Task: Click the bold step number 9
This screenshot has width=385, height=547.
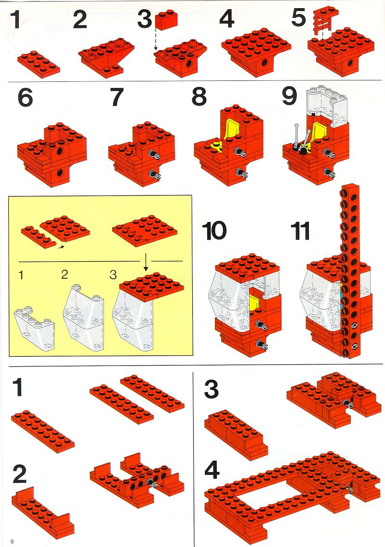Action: point(290,96)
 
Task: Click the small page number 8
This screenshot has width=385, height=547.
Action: point(12,541)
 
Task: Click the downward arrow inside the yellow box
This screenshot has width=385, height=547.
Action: point(146,262)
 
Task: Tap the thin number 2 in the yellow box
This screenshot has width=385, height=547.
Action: point(64,274)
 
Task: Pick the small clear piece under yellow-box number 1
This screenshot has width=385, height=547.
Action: point(34,327)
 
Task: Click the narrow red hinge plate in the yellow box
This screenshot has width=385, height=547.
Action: point(39,236)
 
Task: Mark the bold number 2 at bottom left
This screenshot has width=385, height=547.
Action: point(19,474)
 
